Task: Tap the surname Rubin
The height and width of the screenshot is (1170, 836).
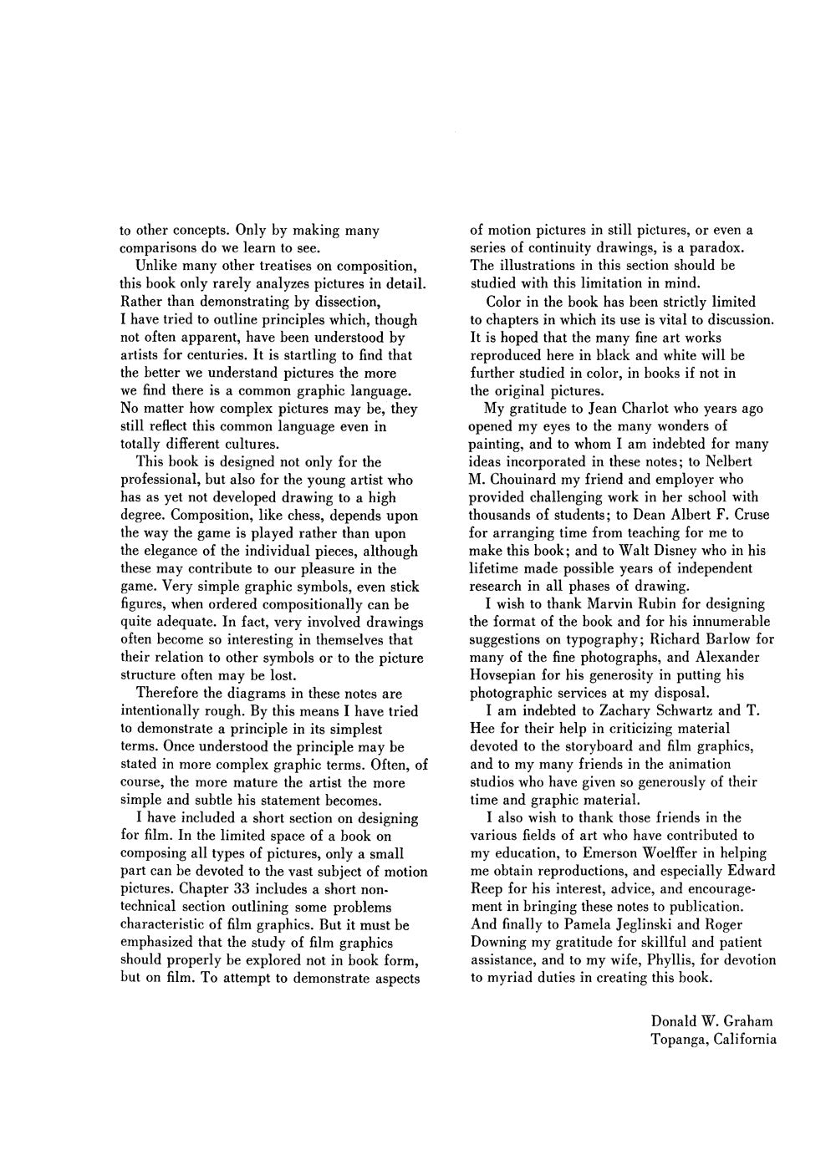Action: pyautogui.click(x=640, y=604)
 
